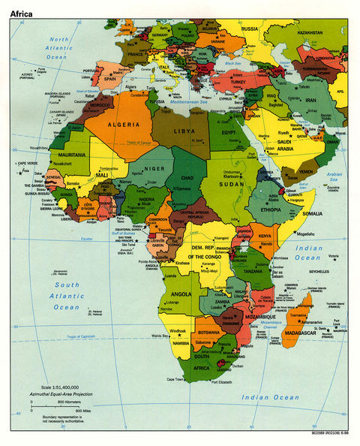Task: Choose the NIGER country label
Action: tap(154, 169)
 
